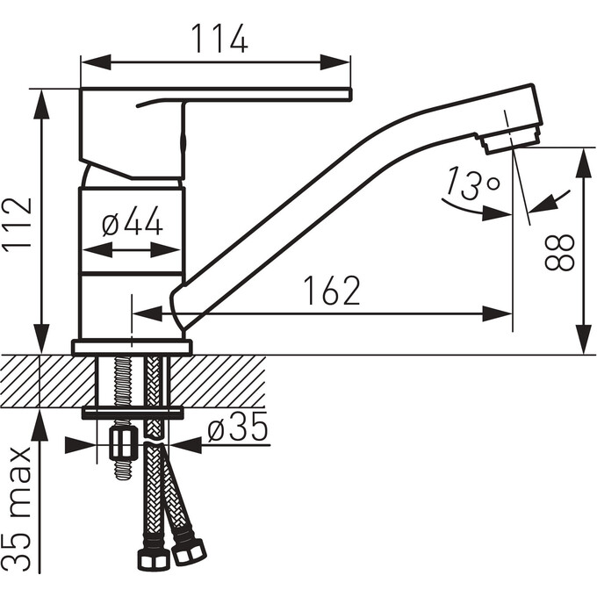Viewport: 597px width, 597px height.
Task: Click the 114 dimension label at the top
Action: click(x=219, y=39)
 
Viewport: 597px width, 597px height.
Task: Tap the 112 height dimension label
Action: click(x=18, y=223)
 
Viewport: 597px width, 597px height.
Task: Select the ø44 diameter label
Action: click(x=133, y=220)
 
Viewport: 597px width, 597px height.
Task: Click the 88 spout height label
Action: click(x=559, y=252)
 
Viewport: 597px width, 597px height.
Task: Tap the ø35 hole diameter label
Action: click(x=238, y=427)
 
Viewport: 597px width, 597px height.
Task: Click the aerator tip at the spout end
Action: click(x=509, y=140)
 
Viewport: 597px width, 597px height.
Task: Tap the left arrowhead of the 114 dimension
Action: click(x=96, y=62)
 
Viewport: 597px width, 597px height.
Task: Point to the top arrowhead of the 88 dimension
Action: click(x=585, y=162)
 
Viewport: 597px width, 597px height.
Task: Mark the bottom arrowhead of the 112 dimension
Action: click(x=42, y=339)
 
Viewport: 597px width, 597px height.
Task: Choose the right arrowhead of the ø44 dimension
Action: click(x=165, y=250)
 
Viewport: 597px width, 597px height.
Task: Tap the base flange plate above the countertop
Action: click(x=132, y=347)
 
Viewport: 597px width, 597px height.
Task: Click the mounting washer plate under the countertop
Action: click(x=133, y=413)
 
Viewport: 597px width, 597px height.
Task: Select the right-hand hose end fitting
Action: click(x=189, y=550)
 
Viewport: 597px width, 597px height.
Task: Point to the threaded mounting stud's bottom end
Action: click(x=124, y=476)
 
